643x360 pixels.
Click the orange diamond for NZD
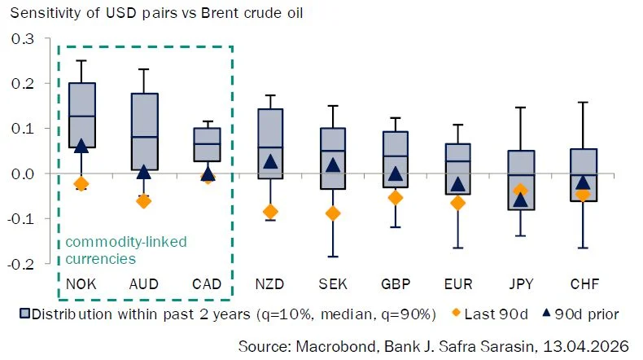point(270,213)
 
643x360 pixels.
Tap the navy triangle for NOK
point(81,146)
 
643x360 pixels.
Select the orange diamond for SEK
point(333,213)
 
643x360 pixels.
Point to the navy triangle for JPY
point(520,200)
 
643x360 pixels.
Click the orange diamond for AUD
point(144,201)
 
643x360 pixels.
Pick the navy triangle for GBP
point(396,173)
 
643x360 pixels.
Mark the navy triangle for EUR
point(457,184)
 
